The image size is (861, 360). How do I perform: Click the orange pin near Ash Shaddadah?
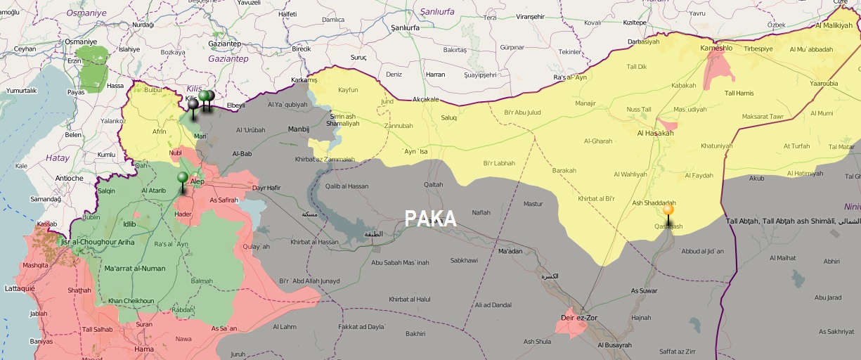coord(668,210)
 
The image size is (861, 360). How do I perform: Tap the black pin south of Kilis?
coord(193,105)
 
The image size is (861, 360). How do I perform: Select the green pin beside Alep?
coord(183,177)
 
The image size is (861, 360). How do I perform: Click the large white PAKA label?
coord(430,219)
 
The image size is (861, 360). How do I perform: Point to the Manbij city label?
coord(299,129)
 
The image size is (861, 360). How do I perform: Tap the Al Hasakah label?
coord(655,133)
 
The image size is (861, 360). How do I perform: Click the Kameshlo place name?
coord(716,49)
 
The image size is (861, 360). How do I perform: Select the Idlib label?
coord(129,224)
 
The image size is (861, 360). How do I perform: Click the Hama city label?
coord(144,349)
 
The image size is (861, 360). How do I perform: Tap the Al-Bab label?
coord(242,153)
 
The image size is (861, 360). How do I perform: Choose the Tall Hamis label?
coord(739,94)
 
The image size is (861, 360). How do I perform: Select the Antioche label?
coord(68,178)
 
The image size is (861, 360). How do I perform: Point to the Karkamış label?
coord(304,80)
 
